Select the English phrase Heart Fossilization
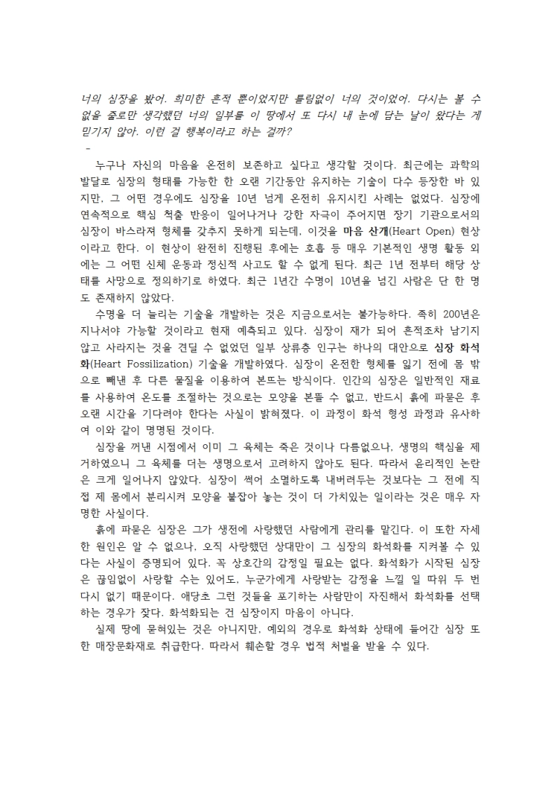(x=148, y=366)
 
